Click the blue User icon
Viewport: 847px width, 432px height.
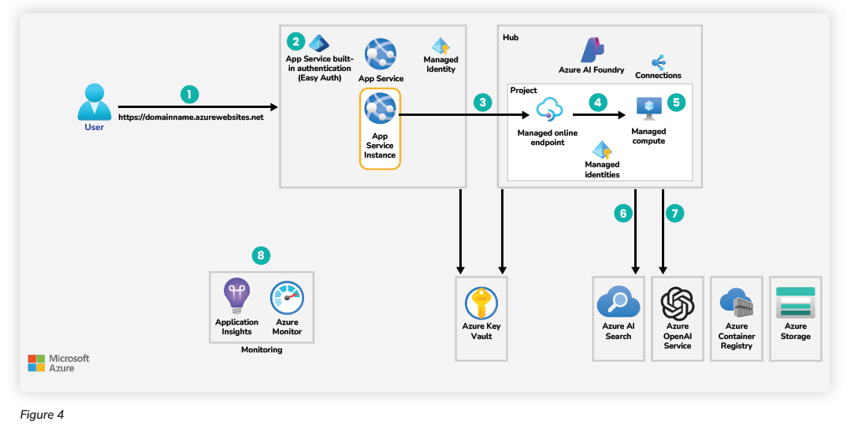(94, 100)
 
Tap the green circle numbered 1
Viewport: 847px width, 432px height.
(189, 94)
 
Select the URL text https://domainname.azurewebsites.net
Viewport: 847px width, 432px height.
(191, 117)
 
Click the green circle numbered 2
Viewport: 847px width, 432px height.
(295, 41)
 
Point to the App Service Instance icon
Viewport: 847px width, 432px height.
(381, 110)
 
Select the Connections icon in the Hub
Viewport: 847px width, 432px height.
(658, 61)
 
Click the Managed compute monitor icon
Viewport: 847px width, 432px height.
(648, 110)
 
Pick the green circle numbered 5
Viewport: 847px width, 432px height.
(676, 102)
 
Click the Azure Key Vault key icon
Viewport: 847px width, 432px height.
(481, 303)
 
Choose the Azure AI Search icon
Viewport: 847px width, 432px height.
(618, 303)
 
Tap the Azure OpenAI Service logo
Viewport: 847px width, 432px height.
(677, 302)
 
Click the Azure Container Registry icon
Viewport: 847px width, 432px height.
(736, 303)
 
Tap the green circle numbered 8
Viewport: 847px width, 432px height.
(261, 255)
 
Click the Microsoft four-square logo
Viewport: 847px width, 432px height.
(36, 363)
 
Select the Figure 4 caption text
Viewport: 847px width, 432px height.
(42, 415)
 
